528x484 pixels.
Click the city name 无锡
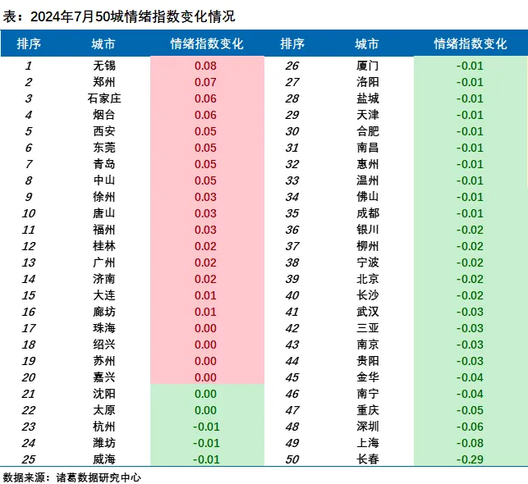coord(104,66)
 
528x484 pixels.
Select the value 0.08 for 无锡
coord(205,66)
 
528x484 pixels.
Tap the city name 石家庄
coord(104,98)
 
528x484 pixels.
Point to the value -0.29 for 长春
coord(470,459)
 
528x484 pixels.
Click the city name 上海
coord(368,443)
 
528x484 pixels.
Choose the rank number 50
coord(292,459)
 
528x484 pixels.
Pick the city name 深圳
coord(368,427)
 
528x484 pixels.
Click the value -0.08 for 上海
coord(470,443)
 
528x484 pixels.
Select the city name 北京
coord(368,279)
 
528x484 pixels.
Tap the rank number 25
coord(29,459)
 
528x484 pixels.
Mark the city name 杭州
coord(104,427)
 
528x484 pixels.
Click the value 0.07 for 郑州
coord(205,82)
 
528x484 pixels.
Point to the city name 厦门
coord(368,66)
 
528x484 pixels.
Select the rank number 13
coord(29,263)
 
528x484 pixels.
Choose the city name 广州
coord(104,263)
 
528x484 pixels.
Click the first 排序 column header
coord(29,43)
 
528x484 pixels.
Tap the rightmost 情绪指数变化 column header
coord(470,43)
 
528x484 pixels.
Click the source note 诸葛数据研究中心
coord(99,477)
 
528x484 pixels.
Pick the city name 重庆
coord(368,410)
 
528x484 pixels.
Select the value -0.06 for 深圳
coord(470,427)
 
